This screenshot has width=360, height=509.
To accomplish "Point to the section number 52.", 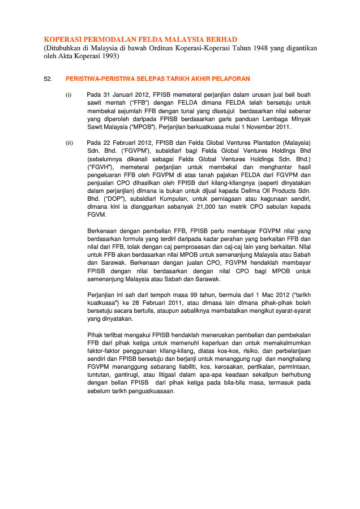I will click(x=48, y=79).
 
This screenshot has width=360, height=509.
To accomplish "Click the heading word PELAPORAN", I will click(x=232, y=79).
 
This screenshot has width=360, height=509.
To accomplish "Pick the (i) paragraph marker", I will click(x=68, y=94).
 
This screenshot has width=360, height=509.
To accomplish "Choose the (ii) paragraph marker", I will click(x=69, y=144).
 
